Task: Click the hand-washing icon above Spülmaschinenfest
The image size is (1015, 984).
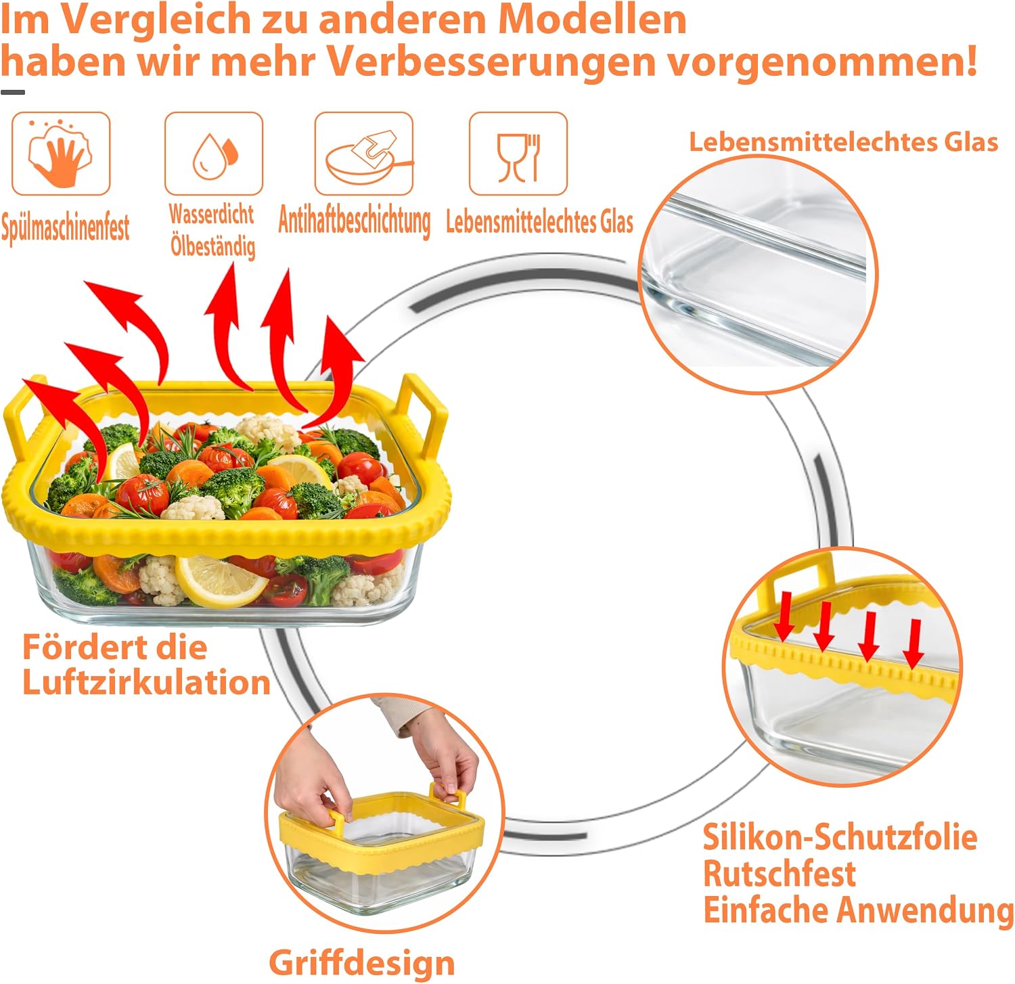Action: point(61,154)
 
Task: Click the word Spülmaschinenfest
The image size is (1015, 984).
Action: point(66,227)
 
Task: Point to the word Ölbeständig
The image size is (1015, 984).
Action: point(213,245)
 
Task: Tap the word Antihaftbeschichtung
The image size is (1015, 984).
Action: point(355,221)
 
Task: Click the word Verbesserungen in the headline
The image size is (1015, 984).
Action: point(492,61)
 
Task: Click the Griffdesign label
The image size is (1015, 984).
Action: point(362,962)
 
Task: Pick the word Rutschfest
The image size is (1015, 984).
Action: point(780,873)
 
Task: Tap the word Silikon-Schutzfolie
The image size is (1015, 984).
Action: point(840,837)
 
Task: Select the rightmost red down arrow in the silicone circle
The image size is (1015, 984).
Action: point(913,644)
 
